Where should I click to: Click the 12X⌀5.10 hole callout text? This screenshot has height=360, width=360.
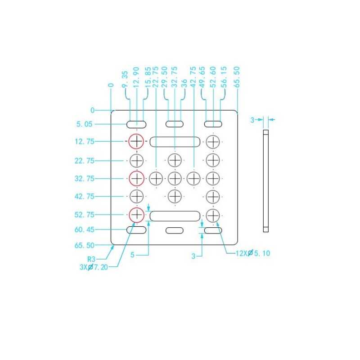[253, 253]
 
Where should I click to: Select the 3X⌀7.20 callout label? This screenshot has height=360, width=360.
[94, 267]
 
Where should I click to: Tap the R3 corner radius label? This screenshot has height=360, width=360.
[91, 259]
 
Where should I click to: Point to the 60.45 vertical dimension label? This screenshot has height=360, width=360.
[84, 229]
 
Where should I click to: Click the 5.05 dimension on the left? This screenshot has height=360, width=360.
[84, 124]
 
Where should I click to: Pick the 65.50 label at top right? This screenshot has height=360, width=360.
[237, 77]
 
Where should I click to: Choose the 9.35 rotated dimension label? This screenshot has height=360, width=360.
[125, 79]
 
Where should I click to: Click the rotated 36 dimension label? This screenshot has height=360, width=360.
[184, 84]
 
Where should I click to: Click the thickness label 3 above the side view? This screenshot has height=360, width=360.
[252, 120]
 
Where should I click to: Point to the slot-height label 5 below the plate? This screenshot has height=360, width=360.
[132, 255]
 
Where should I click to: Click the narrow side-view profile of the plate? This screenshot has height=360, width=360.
[265, 181]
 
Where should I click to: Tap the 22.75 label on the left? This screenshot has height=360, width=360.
[84, 161]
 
